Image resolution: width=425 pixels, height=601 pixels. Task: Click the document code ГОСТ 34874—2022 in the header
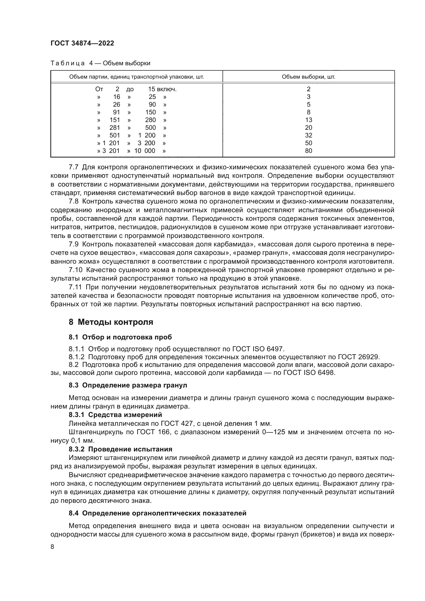82,43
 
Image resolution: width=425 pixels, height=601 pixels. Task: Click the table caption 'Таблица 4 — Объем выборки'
100,63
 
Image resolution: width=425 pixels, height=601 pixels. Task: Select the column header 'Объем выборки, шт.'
308,77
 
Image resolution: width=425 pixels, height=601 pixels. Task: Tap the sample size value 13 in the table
308,120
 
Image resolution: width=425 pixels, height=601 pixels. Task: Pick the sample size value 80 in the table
308,151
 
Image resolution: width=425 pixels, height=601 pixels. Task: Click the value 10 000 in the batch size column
145,151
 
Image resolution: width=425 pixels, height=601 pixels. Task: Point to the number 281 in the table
114,128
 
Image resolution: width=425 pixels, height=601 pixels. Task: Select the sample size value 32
308,135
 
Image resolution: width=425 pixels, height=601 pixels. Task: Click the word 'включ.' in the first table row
167,89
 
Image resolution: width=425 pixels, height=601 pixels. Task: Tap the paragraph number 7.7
73,167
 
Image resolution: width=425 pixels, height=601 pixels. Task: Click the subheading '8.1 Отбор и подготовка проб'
120,337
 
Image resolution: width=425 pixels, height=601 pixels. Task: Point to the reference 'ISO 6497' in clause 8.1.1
268,349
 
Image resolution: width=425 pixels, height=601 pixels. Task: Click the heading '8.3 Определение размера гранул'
128,385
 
